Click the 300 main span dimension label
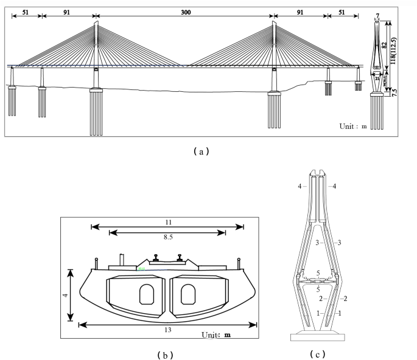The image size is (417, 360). click(x=185, y=10)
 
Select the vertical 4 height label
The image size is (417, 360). click(x=66, y=295)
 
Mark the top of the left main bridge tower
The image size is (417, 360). click(x=96, y=24)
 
